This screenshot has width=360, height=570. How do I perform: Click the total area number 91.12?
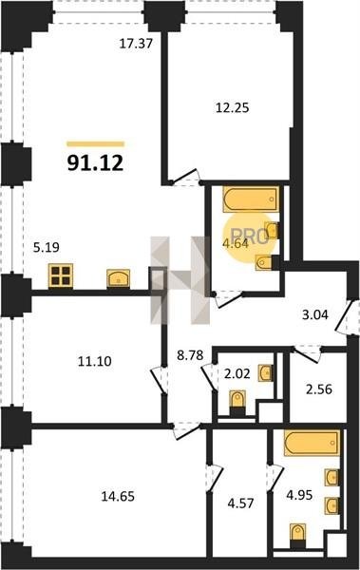tap(95, 162)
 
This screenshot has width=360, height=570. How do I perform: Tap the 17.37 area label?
tap(136, 44)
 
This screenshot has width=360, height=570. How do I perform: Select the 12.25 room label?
tap(233, 107)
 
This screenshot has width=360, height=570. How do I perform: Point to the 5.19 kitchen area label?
tap(47, 248)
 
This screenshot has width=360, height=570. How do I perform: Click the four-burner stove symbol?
tap(61, 275)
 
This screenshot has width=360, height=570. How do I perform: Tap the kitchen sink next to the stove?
tap(119, 278)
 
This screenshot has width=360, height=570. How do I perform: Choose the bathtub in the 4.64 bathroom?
tap(252, 199)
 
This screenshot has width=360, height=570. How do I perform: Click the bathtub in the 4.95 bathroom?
tap(313, 443)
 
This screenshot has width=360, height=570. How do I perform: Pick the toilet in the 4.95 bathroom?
tap(298, 535)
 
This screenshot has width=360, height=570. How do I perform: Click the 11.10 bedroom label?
tap(95, 361)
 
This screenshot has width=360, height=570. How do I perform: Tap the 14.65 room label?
tap(118, 496)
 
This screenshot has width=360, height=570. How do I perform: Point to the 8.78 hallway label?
tap(190, 354)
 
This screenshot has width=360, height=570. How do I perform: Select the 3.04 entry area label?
tap(315, 314)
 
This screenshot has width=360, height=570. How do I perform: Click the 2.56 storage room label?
tap(319, 389)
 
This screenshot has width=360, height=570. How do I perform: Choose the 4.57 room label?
tap(240, 503)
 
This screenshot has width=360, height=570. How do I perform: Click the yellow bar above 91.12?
tap(96, 144)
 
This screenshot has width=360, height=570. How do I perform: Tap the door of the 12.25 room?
tap(185, 177)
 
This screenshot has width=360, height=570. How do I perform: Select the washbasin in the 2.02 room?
tap(265, 373)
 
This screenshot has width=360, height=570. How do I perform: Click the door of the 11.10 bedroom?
tap(159, 380)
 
